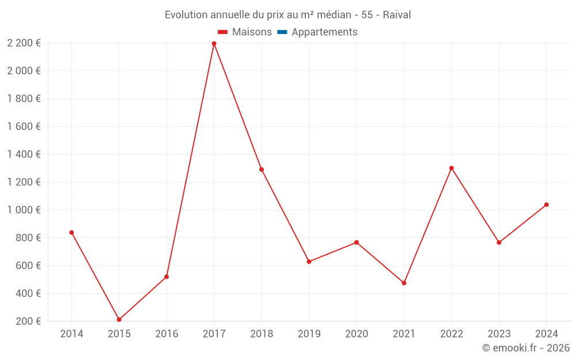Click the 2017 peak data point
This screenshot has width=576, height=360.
tap(214, 44)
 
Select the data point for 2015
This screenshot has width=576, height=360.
tap(119, 320)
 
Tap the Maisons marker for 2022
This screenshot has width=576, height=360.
tap(452, 168)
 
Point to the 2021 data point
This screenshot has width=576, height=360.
tap(404, 283)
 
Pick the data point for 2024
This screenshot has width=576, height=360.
tap(546, 204)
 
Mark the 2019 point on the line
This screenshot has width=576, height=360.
tap(309, 262)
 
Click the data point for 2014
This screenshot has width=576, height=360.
tap(71, 233)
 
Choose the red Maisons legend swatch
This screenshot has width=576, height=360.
tap(223, 32)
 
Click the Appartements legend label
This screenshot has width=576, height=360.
tap(324, 32)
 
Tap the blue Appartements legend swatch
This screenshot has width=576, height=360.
tap(282, 32)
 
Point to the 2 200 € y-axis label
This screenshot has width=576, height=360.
tap(24, 43)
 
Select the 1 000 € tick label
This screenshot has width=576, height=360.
tap(24, 210)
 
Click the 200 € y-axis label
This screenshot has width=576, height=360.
tap(27, 321)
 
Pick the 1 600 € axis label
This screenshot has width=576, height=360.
tap(24, 127)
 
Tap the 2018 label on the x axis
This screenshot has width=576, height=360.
tap(262, 334)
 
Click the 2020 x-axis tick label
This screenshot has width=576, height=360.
tap(357, 334)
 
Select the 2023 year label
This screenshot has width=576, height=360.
tap(499, 334)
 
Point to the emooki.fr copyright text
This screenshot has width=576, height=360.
tap(526, 348)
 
